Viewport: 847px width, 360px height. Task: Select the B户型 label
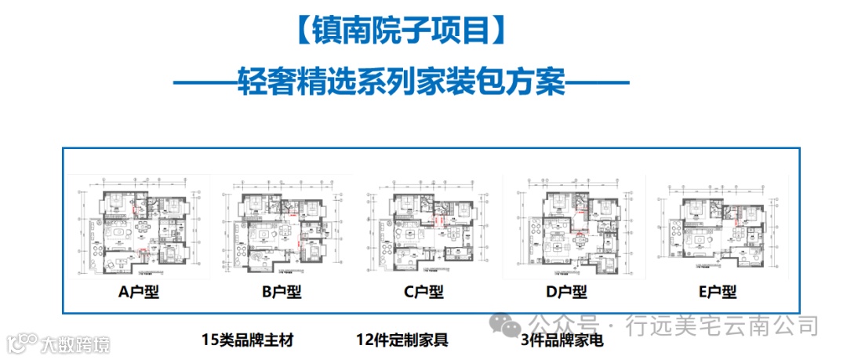click(281, 292)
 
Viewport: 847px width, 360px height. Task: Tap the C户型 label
click(423, 292)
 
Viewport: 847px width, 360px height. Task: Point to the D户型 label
click(567, 292)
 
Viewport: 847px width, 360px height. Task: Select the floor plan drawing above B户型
click(282, 227)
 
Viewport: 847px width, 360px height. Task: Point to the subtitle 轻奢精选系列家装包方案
click(401, 81)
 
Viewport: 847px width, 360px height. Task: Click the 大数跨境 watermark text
click(75, 344)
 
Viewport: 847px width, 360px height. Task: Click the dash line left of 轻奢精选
click(202, 82)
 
